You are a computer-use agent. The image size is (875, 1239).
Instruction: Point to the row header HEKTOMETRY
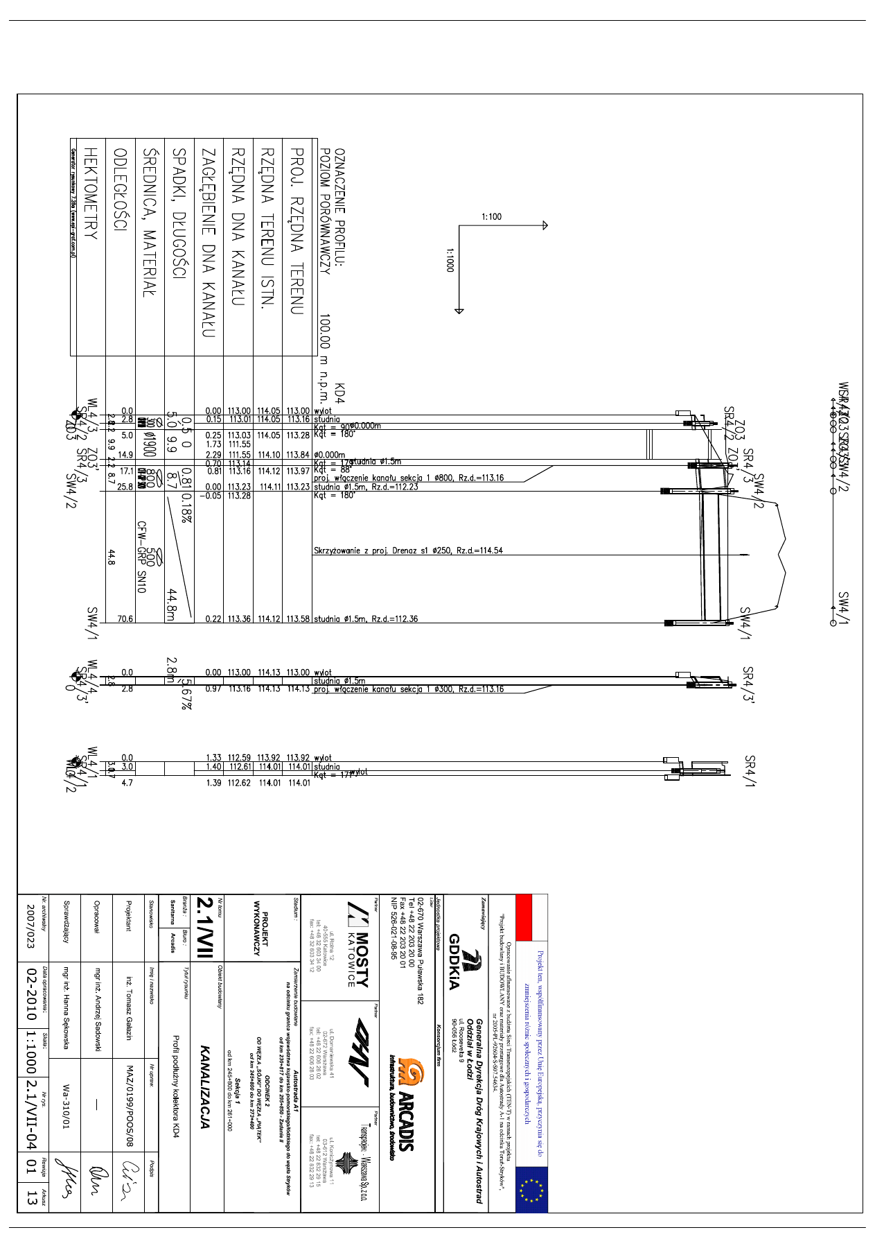point(90,193)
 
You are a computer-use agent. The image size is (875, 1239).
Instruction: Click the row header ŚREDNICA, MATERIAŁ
point(150,223)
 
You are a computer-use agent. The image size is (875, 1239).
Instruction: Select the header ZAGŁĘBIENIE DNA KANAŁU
point(209,243)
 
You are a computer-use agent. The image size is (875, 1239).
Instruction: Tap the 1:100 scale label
point(491,217)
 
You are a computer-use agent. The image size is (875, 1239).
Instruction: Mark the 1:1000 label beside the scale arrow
point(450,261)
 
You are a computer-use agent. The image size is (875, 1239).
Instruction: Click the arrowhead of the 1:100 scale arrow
point(545,225)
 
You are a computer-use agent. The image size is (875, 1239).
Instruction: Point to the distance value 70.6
point(125,619)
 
